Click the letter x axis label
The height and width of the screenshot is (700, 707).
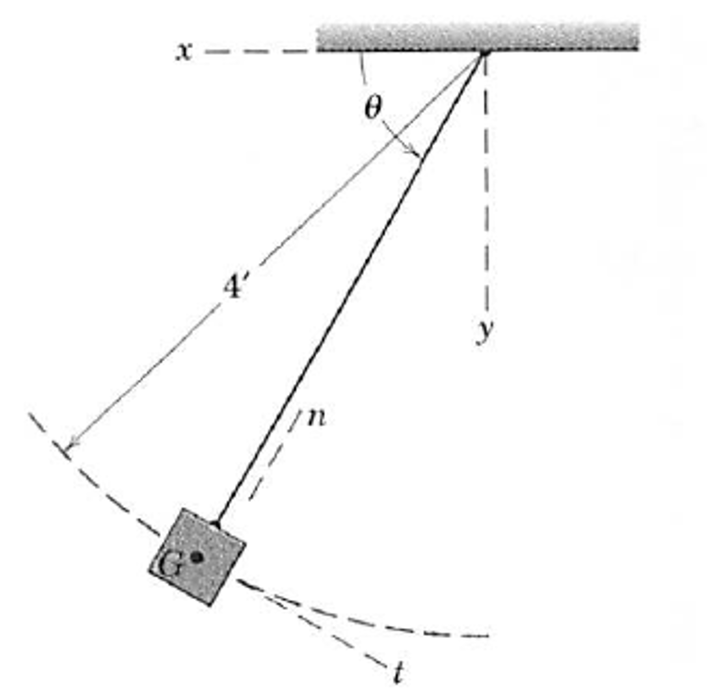point(184,51)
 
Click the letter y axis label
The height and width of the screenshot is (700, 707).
point(485,332)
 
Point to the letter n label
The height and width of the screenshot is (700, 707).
point(317,418)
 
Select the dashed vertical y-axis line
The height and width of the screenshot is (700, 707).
point(486,183)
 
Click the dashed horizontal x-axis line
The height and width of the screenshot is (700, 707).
point(260,51)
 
